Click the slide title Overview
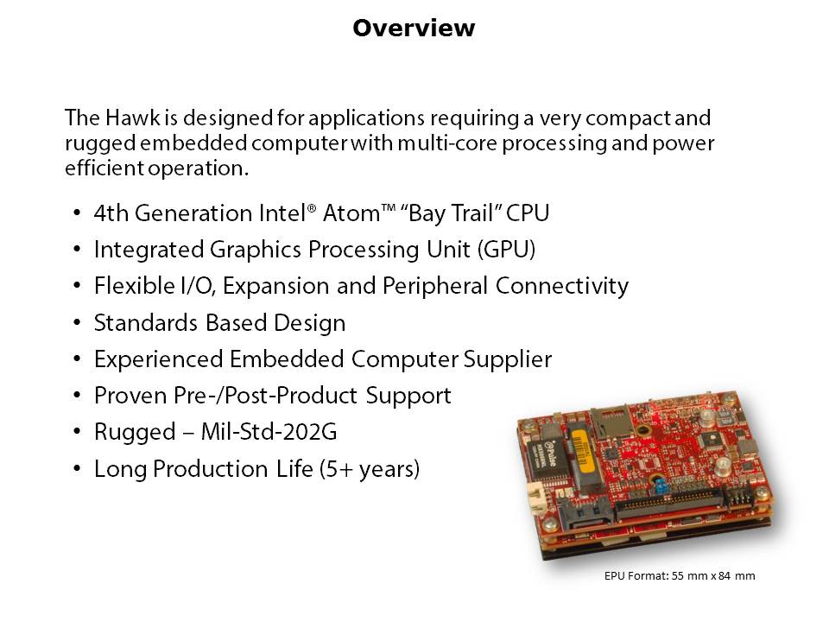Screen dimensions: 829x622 (x=414, y=28)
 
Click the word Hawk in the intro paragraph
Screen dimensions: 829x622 (x=132, y=117)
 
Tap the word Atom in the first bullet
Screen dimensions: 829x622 (x=351, y=213)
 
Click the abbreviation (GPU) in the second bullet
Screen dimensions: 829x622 (x=506, y=250)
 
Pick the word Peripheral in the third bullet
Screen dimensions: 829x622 (x=434, y=286)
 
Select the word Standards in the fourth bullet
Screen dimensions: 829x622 (x=145, y=322)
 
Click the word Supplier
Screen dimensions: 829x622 (x=508, y=359)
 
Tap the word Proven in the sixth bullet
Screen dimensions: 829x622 (x=130, y=396)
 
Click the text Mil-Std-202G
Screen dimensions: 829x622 (x=269, y=432)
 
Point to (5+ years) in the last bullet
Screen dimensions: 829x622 (x=369, y=469)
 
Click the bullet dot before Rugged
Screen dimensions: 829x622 (x=77, y=432)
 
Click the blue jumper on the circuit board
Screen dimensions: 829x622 (x=659, y=485)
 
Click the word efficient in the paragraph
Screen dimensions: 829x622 (x=104, y=168)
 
